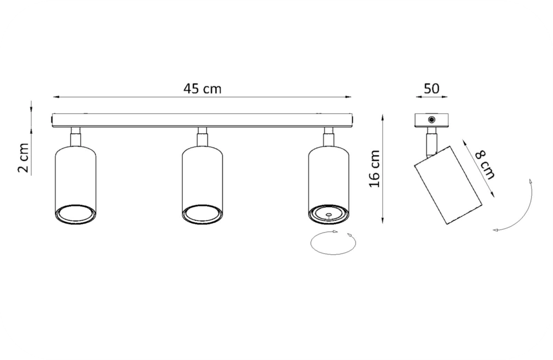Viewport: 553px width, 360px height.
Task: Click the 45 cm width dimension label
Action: [x=202, y=88]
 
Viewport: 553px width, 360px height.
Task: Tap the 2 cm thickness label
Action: [x=23, y=158]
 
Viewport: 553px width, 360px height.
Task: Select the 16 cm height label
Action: [x=374, y=169]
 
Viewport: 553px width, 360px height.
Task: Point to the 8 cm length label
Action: [x=485, y=164]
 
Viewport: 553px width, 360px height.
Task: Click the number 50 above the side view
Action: [x=431, y=88]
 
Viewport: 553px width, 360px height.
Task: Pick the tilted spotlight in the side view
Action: [x=448, y=185]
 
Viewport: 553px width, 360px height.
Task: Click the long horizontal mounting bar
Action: [x=202, y=120]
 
